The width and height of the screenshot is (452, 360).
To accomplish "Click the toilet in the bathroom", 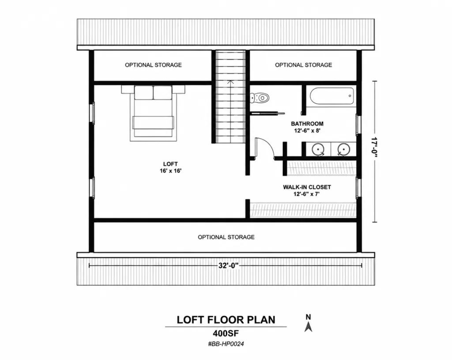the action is point(260,98).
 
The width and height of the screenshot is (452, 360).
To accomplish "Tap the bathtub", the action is point(332,96).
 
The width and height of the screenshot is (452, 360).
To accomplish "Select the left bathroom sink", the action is point(318,149).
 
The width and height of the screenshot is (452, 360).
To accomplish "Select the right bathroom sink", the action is point(343,149).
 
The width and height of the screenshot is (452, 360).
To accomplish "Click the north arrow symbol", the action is point(309,327).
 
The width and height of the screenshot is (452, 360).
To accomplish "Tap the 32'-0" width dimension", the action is point(229,265).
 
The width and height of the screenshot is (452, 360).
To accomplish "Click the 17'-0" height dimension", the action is point(374,147).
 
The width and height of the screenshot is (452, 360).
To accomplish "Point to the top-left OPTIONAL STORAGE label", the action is point(153,65).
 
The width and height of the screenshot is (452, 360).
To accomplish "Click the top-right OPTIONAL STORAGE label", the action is point(303,65).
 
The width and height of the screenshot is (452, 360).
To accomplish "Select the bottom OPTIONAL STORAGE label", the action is point(226,237).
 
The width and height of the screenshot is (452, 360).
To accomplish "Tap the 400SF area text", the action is point(226,333).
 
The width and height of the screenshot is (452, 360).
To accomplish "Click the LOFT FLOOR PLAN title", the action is point(226,320).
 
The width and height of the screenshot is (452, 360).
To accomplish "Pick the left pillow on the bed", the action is point(143,93).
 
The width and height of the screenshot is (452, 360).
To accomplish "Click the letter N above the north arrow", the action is point(308,317).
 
